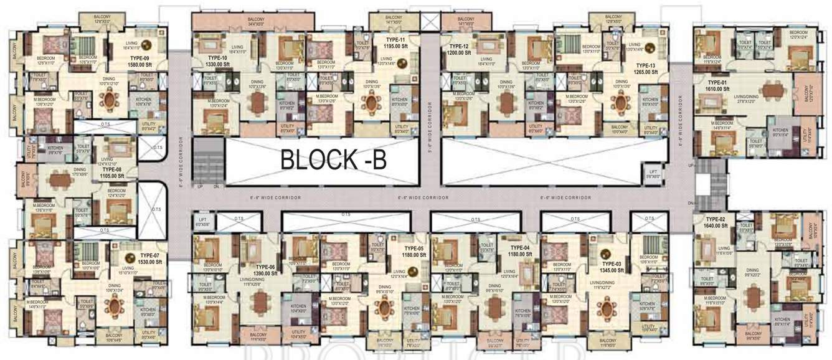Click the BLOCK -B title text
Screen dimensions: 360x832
pos(333,159)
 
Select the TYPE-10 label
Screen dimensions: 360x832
pos(220,57)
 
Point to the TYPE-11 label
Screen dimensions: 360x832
pos(395,39)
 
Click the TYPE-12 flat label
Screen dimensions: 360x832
pos(459,46)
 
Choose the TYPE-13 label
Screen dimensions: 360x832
pos(645,65)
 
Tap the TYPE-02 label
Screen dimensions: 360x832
pos(716,219)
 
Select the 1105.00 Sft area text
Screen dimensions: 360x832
pos(113,176)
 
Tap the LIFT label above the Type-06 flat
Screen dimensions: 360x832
pos(202,219)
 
